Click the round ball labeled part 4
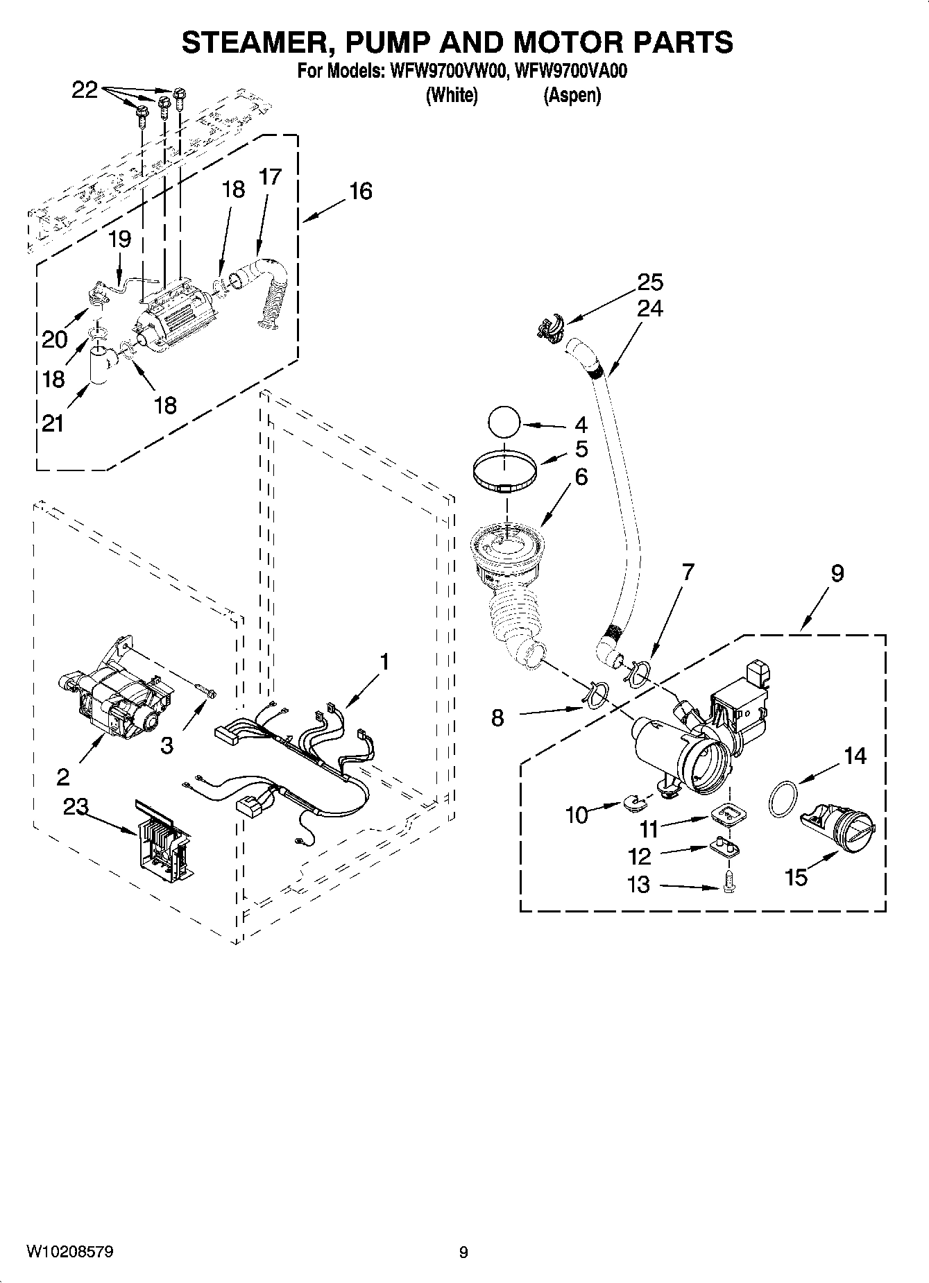[504, 423]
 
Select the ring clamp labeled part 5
[506, 473]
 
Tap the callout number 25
[650, 282]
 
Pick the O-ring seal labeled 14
[783, 798]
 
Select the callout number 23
[76, 806]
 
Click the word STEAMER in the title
[257, 43]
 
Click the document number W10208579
[70, 1252]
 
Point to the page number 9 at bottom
[463, 1252]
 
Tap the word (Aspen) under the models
[572, 95]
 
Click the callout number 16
[360, 191]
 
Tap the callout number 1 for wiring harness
[384, 662]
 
